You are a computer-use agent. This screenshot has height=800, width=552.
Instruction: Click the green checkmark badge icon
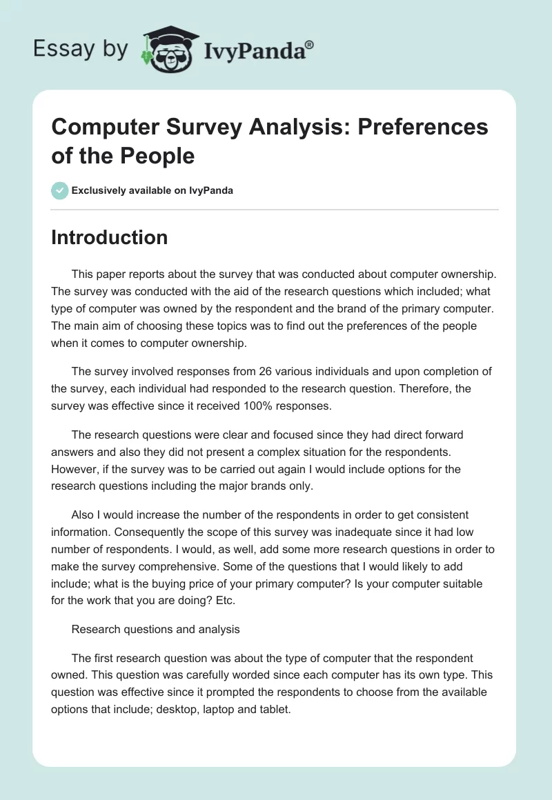pos(59,190)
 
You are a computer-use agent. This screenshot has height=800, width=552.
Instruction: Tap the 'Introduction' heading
pos(110,237)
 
